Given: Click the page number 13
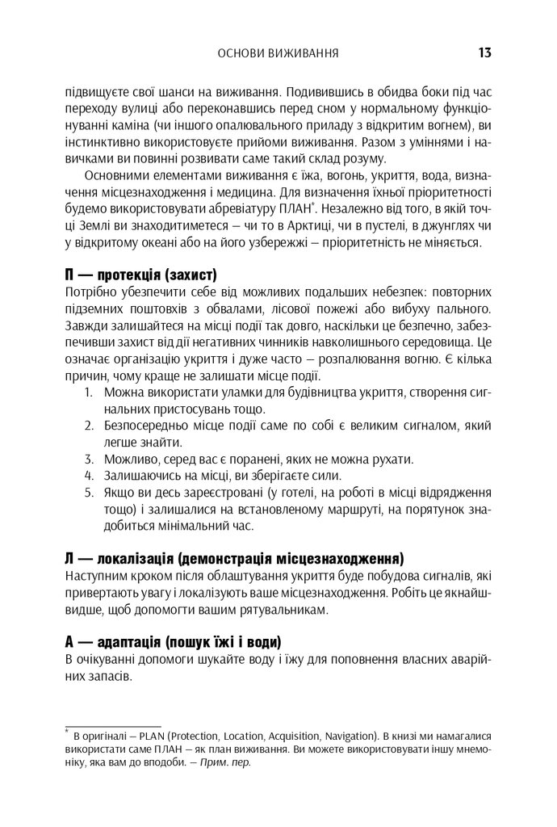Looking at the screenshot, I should coord(484,54).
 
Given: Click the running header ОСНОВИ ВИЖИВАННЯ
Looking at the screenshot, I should coord(278,55).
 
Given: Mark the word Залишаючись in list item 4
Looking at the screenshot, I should coord(140,475).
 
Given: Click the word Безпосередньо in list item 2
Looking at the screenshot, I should coord(146,425).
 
